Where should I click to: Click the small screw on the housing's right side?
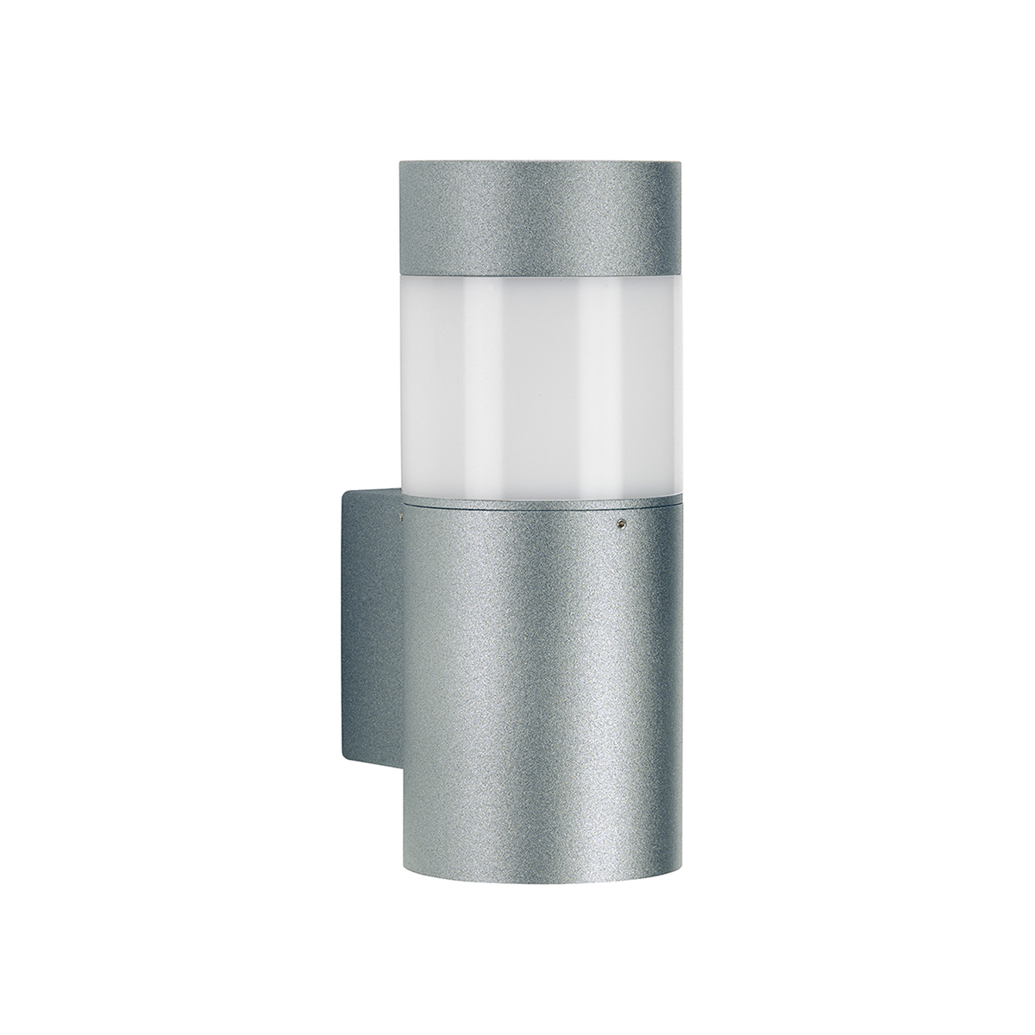619,523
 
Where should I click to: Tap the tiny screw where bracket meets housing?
401,517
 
